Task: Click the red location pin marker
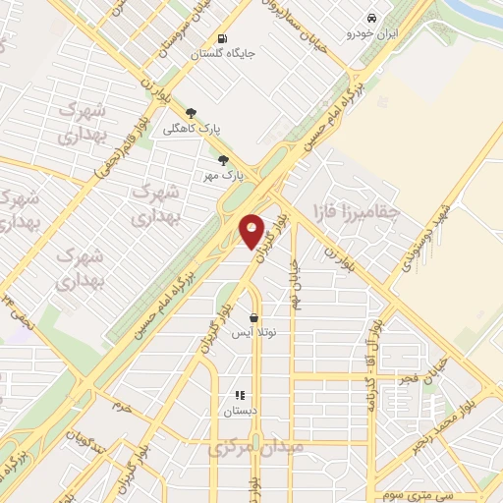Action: (252, 231)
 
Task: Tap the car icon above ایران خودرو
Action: (371, 19)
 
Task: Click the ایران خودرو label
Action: (367, 34)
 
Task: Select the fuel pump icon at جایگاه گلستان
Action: (223, 39)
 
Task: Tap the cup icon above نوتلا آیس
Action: (254, 318)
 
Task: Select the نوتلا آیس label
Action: (253, 334)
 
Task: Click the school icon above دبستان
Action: (240, 395)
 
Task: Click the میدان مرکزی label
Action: (256, 447)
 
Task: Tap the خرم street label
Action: (120, 405)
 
